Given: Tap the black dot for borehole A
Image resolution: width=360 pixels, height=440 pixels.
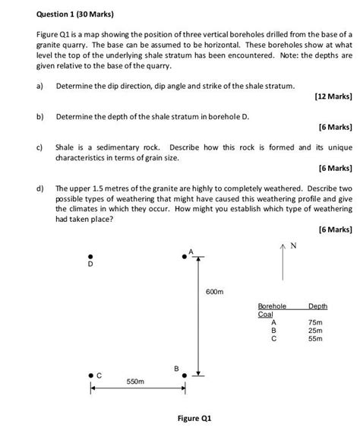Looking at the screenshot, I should pos(184,258).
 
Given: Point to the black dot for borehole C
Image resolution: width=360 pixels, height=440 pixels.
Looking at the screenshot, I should pos(90,374).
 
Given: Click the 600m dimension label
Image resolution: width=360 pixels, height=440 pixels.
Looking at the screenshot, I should pos(215,292).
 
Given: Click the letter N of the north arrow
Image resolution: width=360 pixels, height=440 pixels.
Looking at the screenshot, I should pos(293,225).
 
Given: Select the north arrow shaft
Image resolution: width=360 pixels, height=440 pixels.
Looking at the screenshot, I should pos(283,243).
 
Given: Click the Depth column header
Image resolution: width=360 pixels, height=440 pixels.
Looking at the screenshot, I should pos(317,305).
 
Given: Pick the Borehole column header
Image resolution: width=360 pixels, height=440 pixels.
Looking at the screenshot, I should pos(272,305).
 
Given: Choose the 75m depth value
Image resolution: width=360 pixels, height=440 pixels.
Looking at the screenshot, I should pos(316,322).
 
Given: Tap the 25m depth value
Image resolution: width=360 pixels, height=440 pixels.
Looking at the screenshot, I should pos(316,331).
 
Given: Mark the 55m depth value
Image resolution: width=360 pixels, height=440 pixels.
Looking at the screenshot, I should pos(316,339).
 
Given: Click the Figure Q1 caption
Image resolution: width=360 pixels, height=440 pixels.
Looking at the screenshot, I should pos(195,419).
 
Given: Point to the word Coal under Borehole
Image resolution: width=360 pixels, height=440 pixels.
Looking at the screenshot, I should pos(265,314).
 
